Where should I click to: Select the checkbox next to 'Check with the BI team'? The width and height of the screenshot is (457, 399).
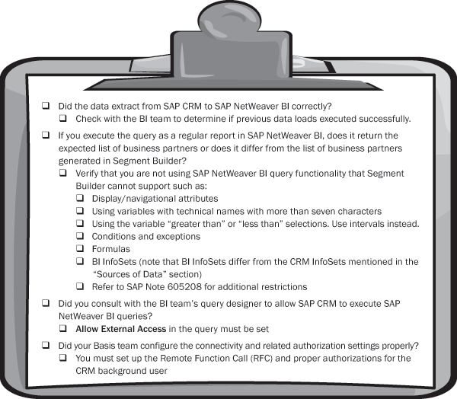[63, 118]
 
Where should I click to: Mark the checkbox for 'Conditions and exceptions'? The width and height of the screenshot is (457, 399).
[80, 236]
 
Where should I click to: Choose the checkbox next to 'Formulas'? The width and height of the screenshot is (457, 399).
[80, 249]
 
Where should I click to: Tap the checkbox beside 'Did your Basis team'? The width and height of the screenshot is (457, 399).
[46, 345]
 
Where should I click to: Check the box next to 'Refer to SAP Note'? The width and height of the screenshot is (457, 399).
[80, 286]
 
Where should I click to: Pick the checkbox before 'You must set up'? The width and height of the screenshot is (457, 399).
[63, 358]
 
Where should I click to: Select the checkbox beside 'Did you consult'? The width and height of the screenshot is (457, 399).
[46, 303]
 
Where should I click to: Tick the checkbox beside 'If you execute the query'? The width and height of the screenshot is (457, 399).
[46, 135]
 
